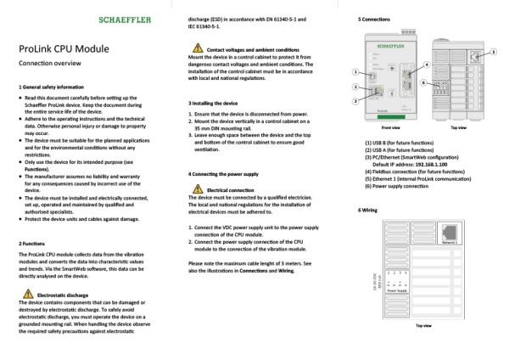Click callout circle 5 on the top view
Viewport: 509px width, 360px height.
(494, 53)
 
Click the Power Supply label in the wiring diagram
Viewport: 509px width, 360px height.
(397, 290)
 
